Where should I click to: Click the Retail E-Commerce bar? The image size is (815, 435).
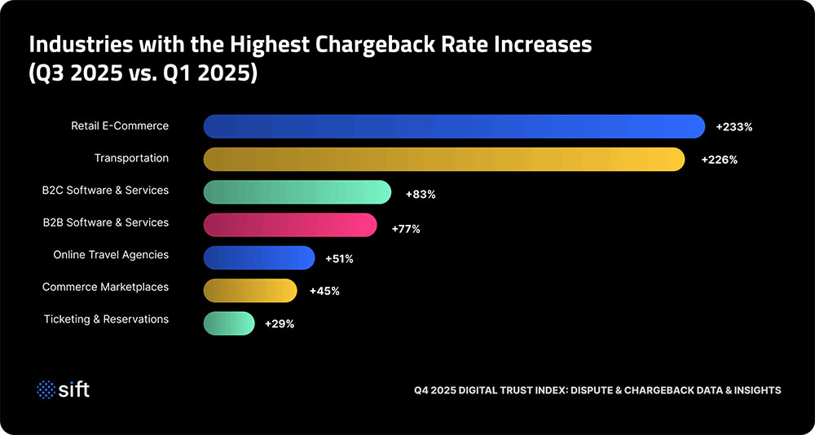coord(453,126)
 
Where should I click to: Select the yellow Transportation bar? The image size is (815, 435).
coord(443,159)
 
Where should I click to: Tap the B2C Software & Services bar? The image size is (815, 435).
coord(297,191)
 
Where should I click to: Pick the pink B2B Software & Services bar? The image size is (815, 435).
coord(289,225)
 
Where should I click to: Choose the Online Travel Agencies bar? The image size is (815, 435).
coord(258,257)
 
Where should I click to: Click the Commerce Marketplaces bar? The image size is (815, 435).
coord(249,290)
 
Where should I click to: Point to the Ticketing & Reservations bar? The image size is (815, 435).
coord(229,323)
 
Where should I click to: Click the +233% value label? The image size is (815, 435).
coord(733,127)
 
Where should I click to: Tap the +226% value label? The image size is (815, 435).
coord(719,160)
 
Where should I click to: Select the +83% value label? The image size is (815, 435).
coord(421,195)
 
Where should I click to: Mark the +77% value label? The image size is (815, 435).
coord(405,229)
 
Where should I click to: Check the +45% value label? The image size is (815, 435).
coord(324,291)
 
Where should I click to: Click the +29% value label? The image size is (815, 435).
coord(280,323)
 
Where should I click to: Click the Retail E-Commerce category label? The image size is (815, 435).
coord(119,125)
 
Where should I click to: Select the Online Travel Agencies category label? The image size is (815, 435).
coord(111,255)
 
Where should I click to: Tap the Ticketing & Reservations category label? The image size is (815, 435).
coord(106,319)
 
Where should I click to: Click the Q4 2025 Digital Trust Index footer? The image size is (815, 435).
coord(597,390)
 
